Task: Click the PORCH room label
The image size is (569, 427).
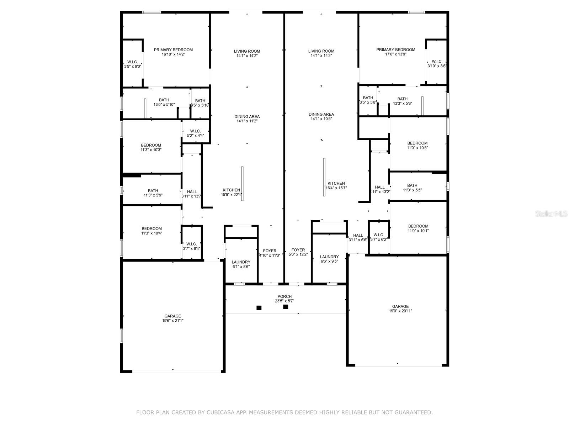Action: (284, 299)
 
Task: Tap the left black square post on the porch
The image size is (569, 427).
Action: (259, 308)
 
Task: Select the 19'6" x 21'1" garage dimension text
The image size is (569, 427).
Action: (172, 321)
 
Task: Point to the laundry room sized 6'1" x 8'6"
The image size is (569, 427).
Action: (241, 264)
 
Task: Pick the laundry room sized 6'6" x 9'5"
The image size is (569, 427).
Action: (329, 259)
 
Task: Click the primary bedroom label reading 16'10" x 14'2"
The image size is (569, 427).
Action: (173, 52)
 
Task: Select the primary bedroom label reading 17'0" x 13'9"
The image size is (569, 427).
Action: (395, 52)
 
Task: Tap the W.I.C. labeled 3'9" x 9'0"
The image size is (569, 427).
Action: (133, 64)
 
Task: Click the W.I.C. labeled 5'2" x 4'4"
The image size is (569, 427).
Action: (195, 133)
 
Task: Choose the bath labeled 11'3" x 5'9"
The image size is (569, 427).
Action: (153, 193)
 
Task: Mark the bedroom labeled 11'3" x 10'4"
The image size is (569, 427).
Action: (151, 231)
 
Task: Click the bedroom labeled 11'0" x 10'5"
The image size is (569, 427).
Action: (417, 145)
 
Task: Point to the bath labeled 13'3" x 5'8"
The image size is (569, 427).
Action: (402, 101)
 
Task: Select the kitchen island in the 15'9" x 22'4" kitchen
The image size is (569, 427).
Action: (242, 184)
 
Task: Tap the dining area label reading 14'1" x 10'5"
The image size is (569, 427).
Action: (321, 116)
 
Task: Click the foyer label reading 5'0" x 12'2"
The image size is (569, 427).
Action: (298, 252)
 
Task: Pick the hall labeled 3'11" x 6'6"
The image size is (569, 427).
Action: (358, 237)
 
